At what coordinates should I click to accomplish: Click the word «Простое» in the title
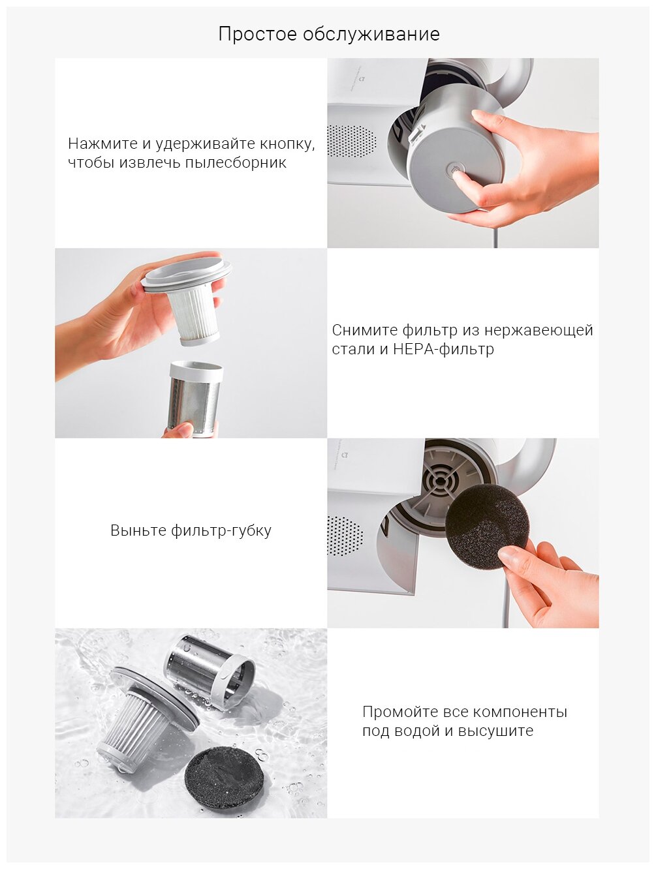point(257,35)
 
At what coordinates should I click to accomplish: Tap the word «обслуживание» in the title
point(371,35)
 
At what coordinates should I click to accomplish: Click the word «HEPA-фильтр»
point(444,349)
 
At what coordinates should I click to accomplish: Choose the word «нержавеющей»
point(539,330)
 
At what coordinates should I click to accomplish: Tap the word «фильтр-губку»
point(221,530)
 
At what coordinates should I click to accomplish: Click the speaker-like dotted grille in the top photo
point(351,142)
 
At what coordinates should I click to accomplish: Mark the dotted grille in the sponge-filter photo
point(345,535)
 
